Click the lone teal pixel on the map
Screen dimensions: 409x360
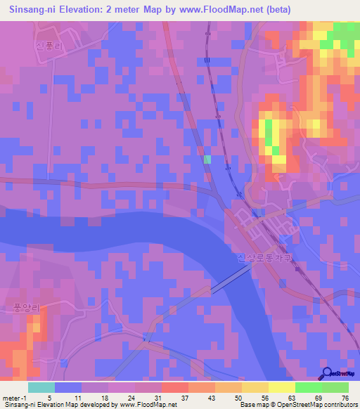[x=207, y=160]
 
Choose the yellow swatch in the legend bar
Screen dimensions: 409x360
[x=282, y=387]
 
